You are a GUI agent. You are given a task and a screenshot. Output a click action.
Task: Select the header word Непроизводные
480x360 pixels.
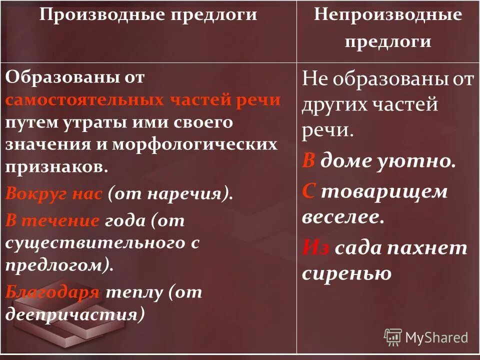(x=387, y=14)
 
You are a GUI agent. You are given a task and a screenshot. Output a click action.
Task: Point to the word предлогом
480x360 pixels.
(x=57, y=265)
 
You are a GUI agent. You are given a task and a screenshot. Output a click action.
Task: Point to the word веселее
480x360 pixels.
(x=342, y=217)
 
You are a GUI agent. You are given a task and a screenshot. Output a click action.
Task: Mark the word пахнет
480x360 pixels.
(x=430, y=247)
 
